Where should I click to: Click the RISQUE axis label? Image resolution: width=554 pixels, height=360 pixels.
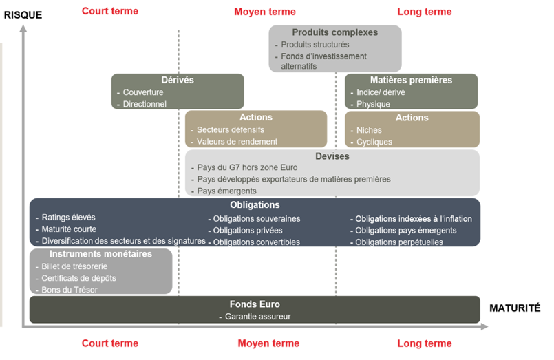23,15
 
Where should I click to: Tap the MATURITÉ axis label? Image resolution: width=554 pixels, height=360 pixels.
515,308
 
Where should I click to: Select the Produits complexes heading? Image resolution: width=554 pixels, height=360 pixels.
335,32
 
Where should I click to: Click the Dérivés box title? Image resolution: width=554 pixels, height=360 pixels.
178,81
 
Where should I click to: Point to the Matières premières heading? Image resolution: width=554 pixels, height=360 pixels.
412,81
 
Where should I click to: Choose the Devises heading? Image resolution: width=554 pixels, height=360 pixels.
332,156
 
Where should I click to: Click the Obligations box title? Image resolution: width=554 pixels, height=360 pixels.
255,205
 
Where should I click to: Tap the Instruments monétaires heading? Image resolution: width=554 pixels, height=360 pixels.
100,254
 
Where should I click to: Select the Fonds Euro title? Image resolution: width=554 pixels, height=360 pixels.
255,304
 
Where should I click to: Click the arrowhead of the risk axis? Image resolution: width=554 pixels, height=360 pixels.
23,28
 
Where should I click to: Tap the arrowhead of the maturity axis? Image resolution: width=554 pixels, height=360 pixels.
484,327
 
